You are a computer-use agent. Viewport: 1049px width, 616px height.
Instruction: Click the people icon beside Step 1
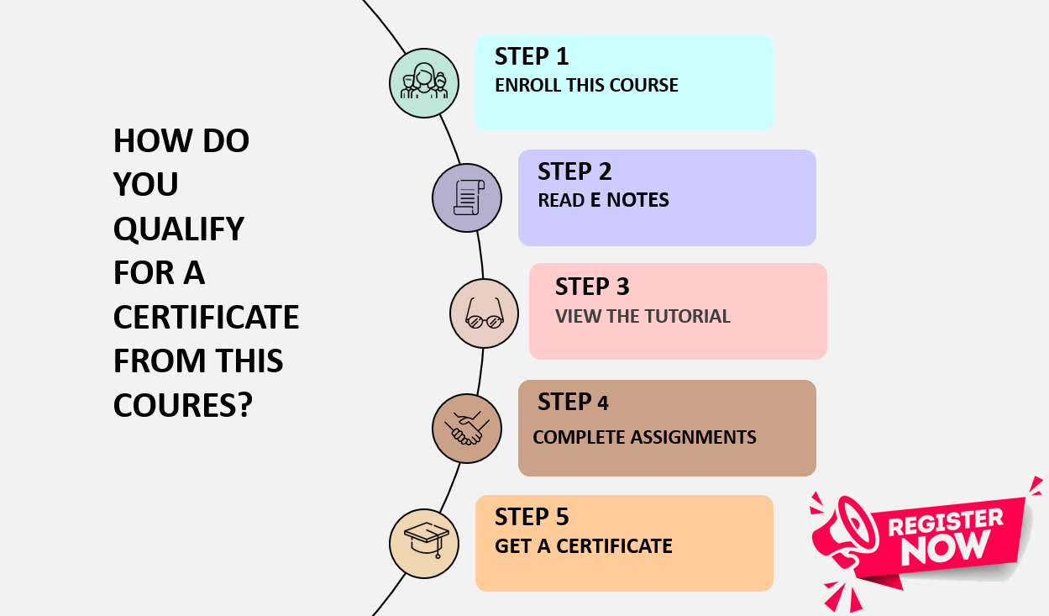(424, 82)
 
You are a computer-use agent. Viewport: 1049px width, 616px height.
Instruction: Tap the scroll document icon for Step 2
(467, 198)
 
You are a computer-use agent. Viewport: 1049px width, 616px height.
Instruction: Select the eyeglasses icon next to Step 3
(484, 313)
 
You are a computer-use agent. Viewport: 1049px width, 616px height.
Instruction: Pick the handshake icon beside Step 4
(467, 429)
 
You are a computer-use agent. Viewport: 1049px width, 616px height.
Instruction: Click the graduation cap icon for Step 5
(425, 543)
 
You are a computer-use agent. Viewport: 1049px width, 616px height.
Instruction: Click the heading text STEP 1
(532, 56)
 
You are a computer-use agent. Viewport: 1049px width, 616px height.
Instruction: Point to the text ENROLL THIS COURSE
(586, 85)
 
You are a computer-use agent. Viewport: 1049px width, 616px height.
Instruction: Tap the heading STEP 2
(574, 171)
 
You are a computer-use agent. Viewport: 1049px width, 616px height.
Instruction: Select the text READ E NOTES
(603, 200)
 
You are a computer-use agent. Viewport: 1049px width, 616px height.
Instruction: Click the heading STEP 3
(591, 287)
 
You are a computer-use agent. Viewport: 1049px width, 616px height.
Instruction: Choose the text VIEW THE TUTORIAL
(643, 317)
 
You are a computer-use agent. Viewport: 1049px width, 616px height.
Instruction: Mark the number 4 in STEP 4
(603, 403)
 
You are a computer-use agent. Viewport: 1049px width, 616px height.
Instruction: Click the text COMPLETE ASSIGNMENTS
(644, 437)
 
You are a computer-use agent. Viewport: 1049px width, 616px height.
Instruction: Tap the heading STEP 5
(532, 516)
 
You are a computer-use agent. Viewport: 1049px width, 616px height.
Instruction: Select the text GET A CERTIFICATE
(583, 546)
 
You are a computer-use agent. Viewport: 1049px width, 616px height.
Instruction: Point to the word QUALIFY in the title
(178, 228)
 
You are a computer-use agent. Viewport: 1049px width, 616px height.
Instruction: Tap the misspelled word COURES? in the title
(182, 405)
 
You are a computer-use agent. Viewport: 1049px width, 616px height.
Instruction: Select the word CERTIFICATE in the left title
(206, 317)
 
